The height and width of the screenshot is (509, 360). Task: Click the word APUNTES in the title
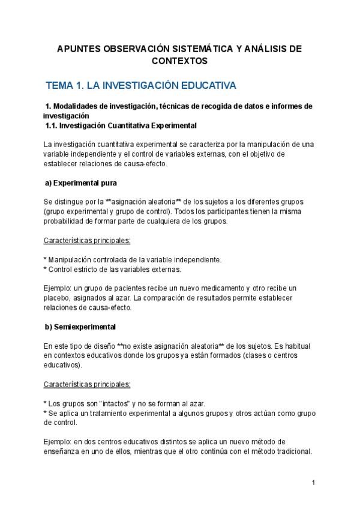[x=80, y=48]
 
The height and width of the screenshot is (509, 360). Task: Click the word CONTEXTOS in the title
[x=180, y=61]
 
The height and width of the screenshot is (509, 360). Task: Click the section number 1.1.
[x=53, y=125]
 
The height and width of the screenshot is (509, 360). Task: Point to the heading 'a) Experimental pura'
[x=82, y=182]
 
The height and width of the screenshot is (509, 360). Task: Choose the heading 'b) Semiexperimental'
[x=80, y=327]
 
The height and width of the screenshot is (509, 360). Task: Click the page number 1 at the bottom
[x=313, y=483]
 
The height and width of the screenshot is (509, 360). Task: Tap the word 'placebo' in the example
[x=58, y=298]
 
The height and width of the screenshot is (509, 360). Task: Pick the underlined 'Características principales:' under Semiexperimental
[x=87, y=385]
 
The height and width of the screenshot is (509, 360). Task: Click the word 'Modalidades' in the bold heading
[x=79, y=106]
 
